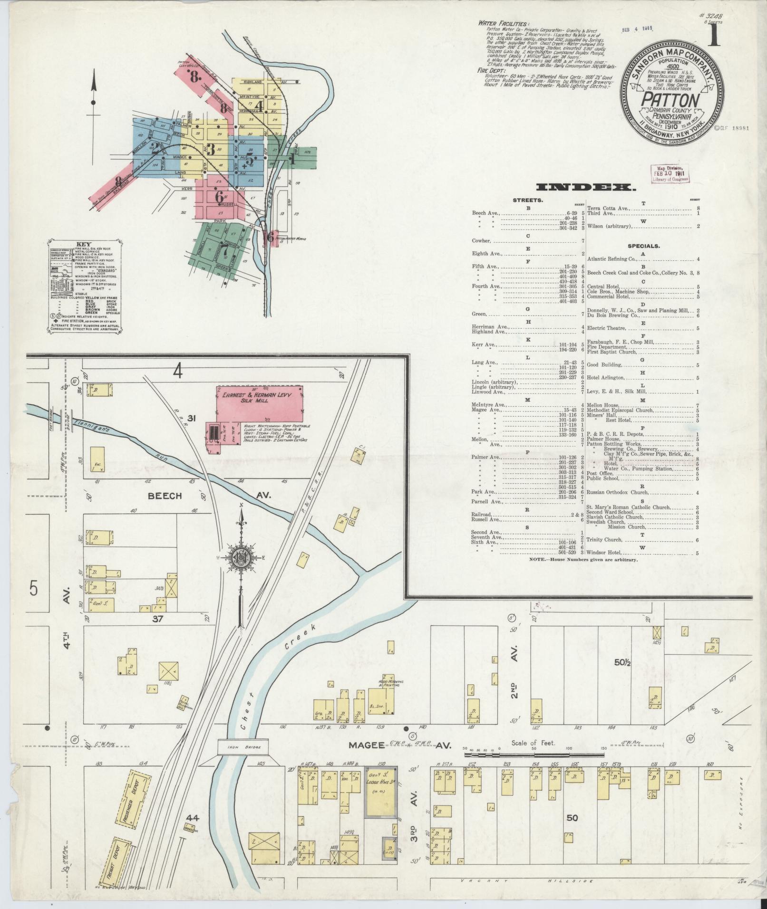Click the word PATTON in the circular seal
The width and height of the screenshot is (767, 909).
(670, 101)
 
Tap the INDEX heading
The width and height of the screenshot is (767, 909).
(586, 188)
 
